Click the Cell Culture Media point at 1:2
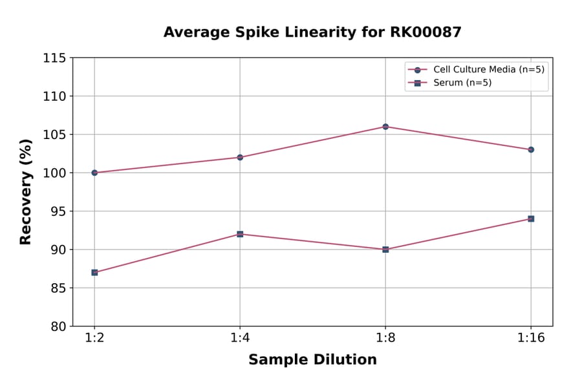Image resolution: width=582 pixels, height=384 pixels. tap(94, 173)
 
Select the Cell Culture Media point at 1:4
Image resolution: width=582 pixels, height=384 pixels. tap(240, 157)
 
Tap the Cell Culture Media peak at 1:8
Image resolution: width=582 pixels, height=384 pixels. tap(385, 127)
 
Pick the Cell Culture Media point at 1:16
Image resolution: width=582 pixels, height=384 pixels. tap(531, 149)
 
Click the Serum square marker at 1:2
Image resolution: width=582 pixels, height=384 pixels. tap(94, 272)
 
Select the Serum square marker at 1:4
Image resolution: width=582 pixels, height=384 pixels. tap(240, 234)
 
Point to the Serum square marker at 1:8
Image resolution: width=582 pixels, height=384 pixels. tap(385, 249)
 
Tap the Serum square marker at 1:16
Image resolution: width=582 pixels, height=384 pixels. tap(531, 219)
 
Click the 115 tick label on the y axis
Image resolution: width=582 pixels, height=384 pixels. tap(54, 58)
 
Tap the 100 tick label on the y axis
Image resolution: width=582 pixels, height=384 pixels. tap(54, 173)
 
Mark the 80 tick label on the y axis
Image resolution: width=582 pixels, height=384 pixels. tap(58, 326)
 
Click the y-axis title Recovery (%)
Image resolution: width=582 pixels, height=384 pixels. tap(26, 192)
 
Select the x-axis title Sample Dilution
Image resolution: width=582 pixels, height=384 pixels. tap(312, 360)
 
